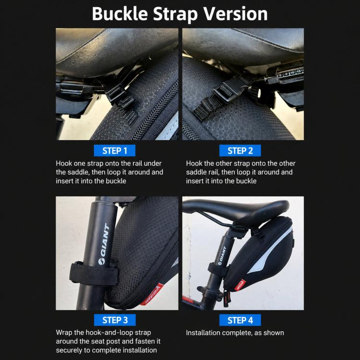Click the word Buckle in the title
[x=120, y=14]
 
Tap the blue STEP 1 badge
[x=115, y=151]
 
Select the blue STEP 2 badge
[x=240, y=151]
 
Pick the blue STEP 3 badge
[x=115, y=320]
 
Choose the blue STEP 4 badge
[x=240, y=320]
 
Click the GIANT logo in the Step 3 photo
[x=105, y=244]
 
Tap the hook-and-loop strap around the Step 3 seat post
[x=94, y=274]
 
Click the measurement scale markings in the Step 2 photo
[x=290, y=74]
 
